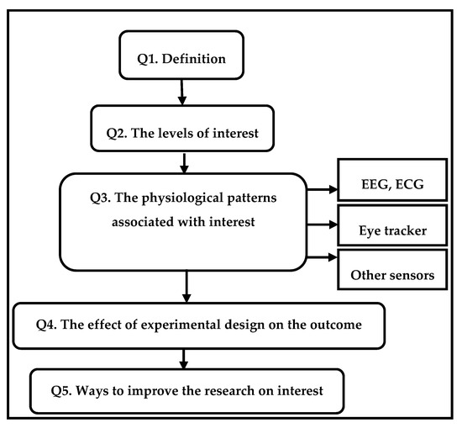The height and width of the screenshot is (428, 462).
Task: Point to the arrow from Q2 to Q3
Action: pos(186,160)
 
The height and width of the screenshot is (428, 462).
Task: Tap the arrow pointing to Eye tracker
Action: pos(322,226)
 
